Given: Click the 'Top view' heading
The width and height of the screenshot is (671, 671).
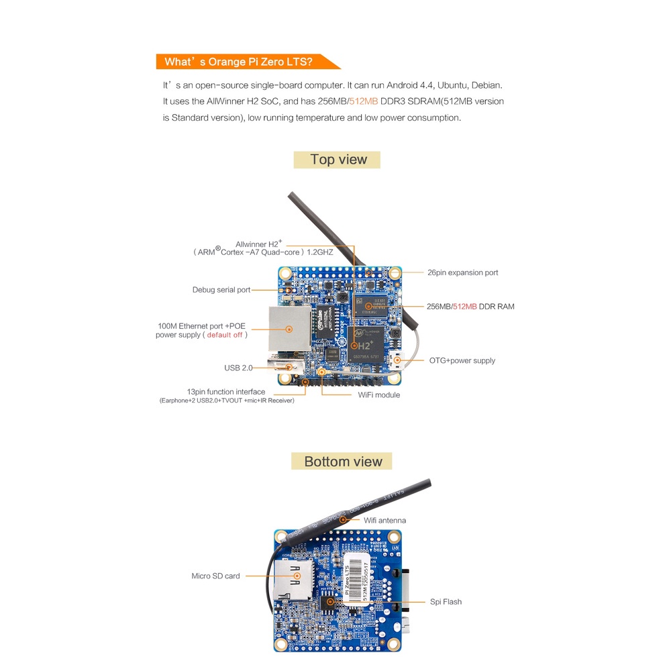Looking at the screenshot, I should click(x=338, y=160).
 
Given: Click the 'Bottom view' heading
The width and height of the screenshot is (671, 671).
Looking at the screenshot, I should click(x=342, y=462).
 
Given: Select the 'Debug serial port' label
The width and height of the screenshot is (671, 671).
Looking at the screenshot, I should click(x=221, y=290).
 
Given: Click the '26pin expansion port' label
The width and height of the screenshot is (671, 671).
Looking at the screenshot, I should click(x=462, y=272).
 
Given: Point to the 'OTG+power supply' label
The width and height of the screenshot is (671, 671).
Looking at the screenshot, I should click(x=462, y=360).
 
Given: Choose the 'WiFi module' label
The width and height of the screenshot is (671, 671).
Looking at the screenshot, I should click(x=378, y=395).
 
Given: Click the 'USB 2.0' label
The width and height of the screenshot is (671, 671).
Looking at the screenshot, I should click(x=238, y=368).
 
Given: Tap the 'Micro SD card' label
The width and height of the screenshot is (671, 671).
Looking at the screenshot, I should click(x=215, y=576).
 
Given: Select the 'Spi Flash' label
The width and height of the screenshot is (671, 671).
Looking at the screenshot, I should click(x=446, y=602).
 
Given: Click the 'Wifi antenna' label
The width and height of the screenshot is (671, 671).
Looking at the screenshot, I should click(x=384, y=520).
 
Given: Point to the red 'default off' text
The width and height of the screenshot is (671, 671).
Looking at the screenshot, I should click(x=225, y=335).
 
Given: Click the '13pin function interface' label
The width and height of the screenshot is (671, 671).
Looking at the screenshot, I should click(x=226, y=392).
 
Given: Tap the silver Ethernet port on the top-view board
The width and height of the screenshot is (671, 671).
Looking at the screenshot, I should click(x=289, y=329).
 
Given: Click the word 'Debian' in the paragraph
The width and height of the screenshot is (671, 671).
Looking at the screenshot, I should click(x=486, y=85).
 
